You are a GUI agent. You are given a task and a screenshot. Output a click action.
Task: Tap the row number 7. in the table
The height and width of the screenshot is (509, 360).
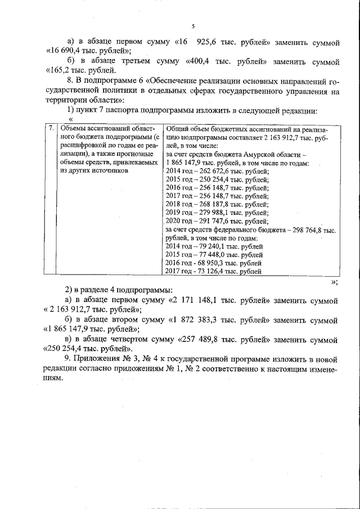pyautogui.click(x=51, y=128)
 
